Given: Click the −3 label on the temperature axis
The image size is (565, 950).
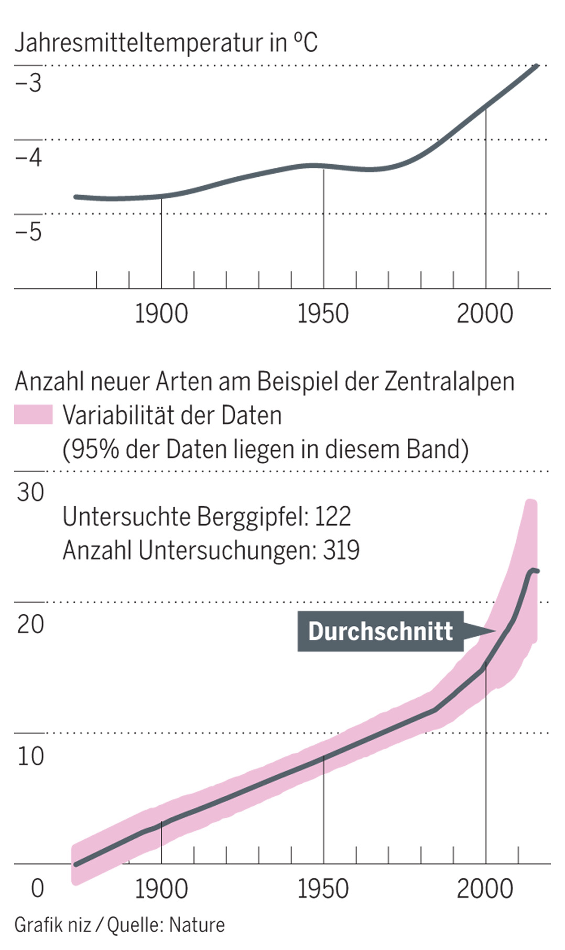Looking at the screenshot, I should click(28, 83).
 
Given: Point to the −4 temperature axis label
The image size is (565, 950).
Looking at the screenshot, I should click(28, 157).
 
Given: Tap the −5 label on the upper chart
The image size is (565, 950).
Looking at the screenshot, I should click(28, 232).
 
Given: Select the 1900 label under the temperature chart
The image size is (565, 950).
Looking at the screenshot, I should click(161, 314).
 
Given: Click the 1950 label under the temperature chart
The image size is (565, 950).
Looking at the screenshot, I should click(323, 314).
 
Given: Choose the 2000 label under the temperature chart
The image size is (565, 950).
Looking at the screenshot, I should click(485, 314).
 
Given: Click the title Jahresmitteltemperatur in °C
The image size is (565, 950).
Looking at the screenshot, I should click(166, 42).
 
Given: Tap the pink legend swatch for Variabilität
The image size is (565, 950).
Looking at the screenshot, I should click(34, 414).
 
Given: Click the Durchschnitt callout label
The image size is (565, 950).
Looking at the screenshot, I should click(381, 631).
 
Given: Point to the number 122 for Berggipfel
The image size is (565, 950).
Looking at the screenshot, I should click(332, 517).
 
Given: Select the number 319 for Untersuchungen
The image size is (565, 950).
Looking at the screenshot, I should click(341, 551).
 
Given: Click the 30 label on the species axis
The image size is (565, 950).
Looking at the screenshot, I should click(30, 493).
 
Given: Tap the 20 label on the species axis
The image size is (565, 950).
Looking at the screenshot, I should click(30, 624).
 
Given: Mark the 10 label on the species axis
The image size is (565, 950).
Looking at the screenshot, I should click(30, 756).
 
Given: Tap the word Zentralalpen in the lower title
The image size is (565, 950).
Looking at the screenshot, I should click(449, 381).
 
